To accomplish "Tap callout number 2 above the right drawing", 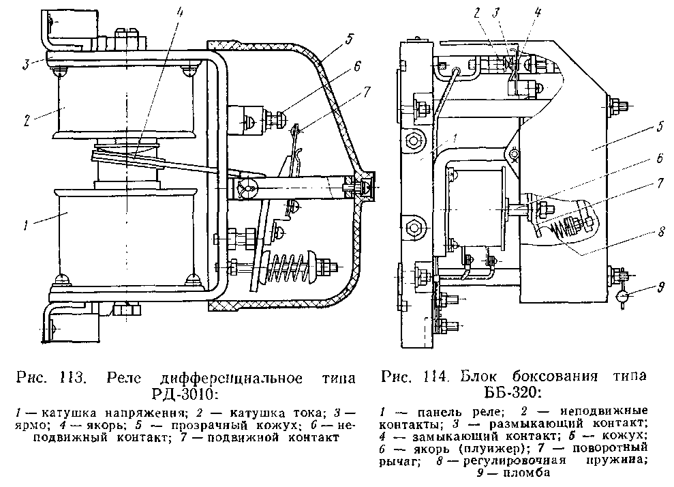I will coord(478,13).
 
